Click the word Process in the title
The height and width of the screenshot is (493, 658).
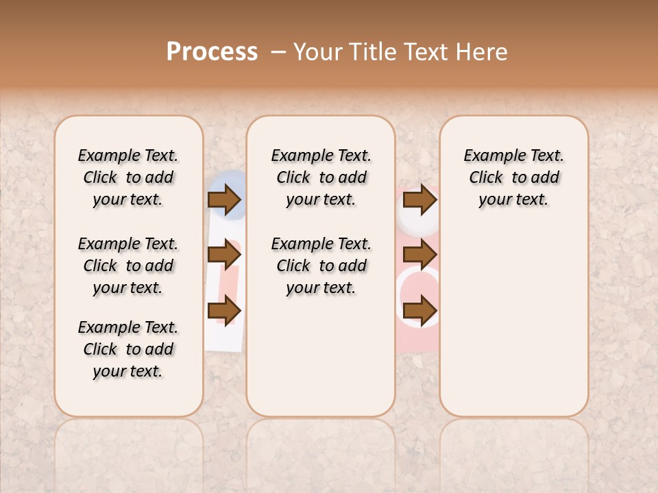(x=212, y=52)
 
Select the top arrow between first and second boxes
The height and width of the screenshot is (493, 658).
(x=224, y=200)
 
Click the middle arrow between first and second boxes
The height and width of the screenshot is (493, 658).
(x=224, y=255)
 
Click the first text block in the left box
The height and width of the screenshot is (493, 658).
(x=128, y=177)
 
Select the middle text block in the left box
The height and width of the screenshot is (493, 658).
(x=128, y=266)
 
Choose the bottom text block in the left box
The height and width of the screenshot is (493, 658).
(x=128, y=349)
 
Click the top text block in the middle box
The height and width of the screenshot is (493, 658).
(x=321, y=177)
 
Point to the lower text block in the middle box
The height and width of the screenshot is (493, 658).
(x=321, y=266)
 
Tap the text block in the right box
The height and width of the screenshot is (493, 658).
(x=514, y=177)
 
